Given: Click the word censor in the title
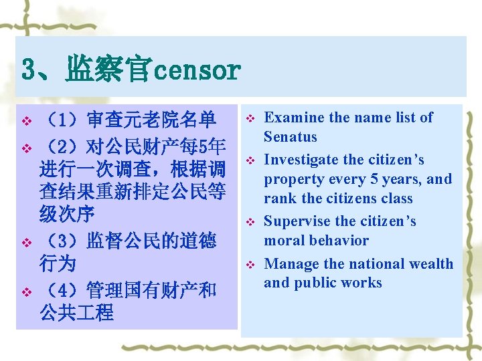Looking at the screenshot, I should coord(196,70).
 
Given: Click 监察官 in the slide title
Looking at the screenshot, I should coord(108,70).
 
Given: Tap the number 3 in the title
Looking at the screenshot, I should coord(29,70).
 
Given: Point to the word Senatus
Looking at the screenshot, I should coord(291,137).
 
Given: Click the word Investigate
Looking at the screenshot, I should coord(301,160).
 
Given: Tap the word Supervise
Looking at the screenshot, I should coord(297,221).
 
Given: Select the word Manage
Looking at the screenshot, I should coord(291,264).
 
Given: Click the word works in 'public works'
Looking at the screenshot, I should coord(361,283).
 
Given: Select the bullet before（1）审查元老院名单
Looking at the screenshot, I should coord(26,121).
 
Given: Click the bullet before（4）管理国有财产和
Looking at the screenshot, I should coord(26,291).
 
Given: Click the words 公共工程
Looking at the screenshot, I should coord(77,312).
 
